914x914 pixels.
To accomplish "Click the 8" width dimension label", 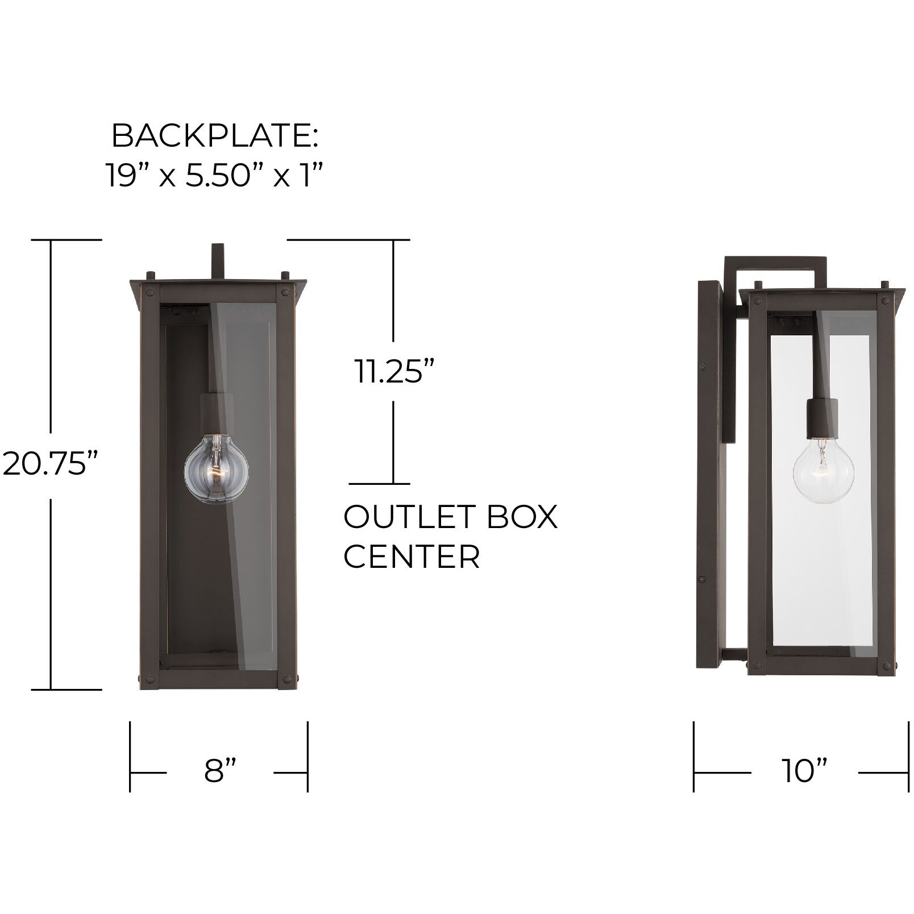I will [x=219, y=772].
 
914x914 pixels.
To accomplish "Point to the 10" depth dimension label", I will [x=804, y=772].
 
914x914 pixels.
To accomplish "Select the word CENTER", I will [x=412, y=556].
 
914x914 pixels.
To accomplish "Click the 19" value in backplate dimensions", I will [x=126, y=176].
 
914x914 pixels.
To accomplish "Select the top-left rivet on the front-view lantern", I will [x=150, y=293].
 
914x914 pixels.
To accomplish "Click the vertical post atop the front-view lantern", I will [x=218, y=261].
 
